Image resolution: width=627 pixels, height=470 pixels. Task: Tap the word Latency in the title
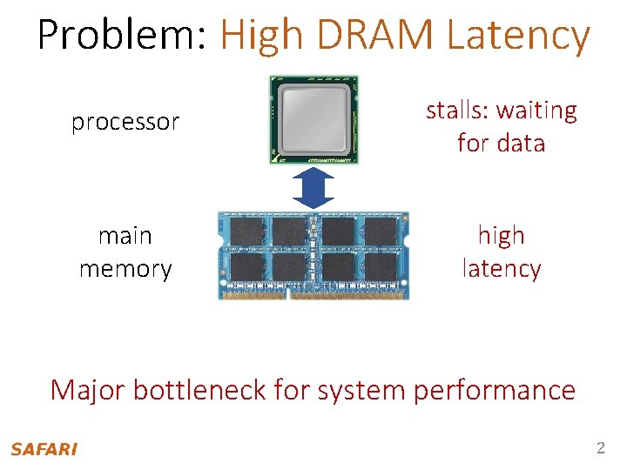point(518,36)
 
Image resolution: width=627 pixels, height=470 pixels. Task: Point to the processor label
point(125,122)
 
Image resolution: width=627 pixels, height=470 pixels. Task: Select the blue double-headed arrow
point(313,188)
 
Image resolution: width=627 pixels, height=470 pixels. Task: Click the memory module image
point(313,255)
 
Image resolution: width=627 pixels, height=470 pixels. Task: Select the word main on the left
point(125,236)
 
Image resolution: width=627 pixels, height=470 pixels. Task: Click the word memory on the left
point(125,269)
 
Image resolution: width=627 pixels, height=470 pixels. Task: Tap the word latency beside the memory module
point(501,269)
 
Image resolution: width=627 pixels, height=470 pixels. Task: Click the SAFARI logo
point(44,449)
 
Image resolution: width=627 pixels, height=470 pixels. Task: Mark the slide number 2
point(600,449)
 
